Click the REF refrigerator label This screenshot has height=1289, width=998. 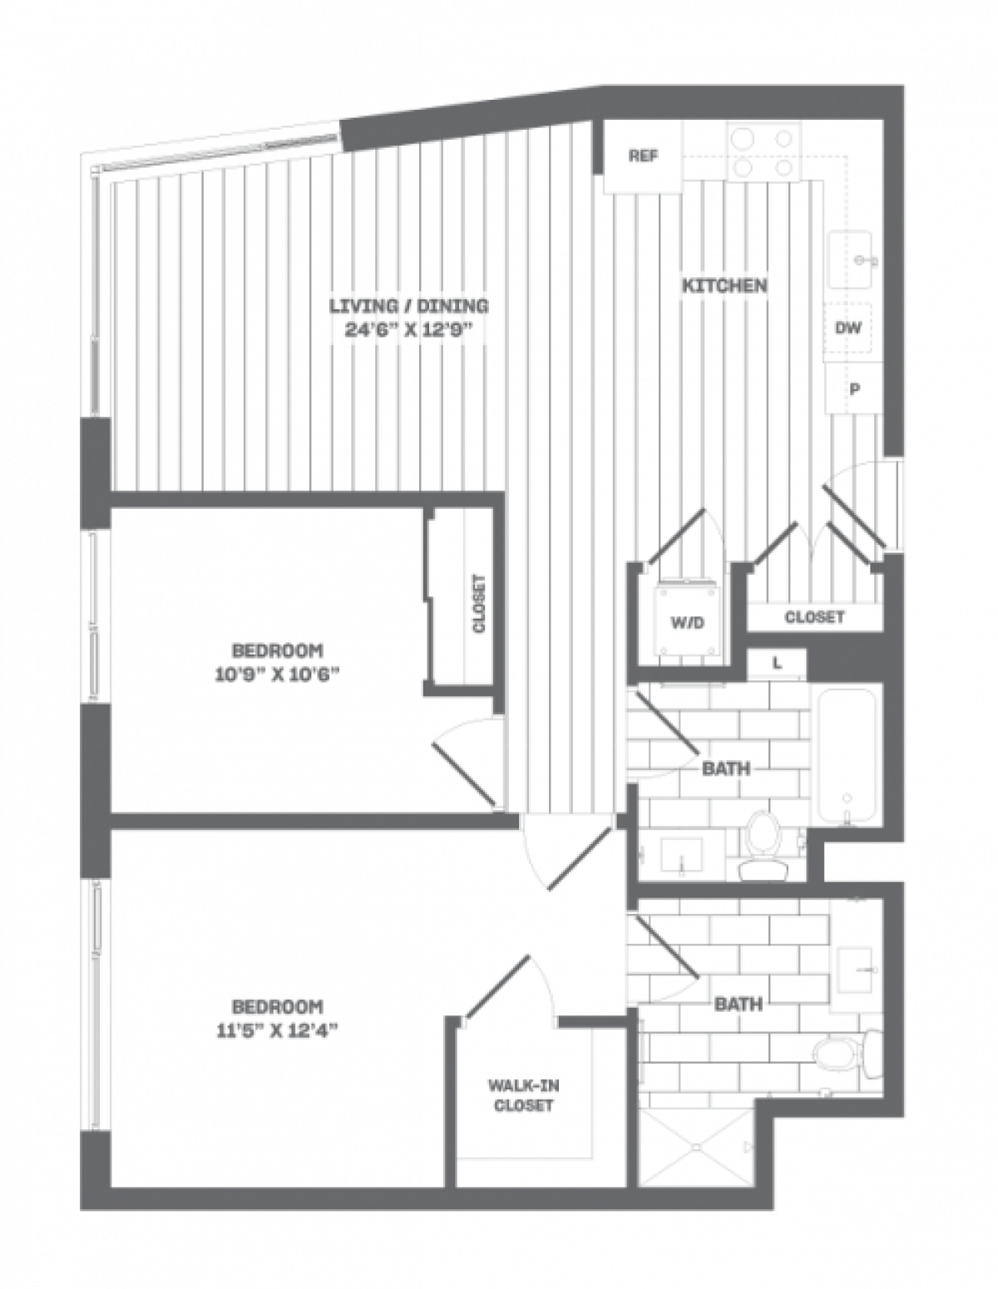pyautogui.click(x=643, y=156)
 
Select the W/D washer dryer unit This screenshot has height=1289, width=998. pyautogui.click(x=687, y=623)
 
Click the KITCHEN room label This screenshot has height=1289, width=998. pyautogui.click(x=724, y=286)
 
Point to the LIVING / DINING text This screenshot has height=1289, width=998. pyautogui.click(x=408, y=305)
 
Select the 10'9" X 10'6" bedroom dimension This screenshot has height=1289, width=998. pyautogui.click(x=277, y=674)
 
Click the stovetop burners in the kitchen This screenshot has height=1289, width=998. pyautogui.click(x=758, y=152)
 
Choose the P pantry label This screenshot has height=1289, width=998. pyautogui.click(x=852, y=388)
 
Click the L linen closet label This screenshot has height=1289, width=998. pyautogui.click(x=777, y=663)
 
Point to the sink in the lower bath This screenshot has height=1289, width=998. pyautogui.click(x=857, y=970)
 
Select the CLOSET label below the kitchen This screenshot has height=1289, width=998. pyautogui.click(x=814, y=617)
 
